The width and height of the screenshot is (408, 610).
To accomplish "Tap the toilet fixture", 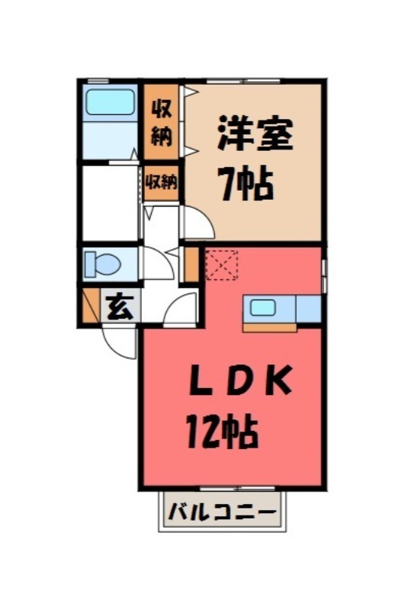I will point(103,263).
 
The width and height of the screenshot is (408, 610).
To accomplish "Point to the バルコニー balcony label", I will point(221,511).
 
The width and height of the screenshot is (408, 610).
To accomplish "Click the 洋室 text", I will point(254,136).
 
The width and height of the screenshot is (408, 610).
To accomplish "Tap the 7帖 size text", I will point(246,184).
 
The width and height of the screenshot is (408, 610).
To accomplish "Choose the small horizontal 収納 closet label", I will point(162,183).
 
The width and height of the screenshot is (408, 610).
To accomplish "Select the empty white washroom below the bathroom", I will point(109,203).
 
